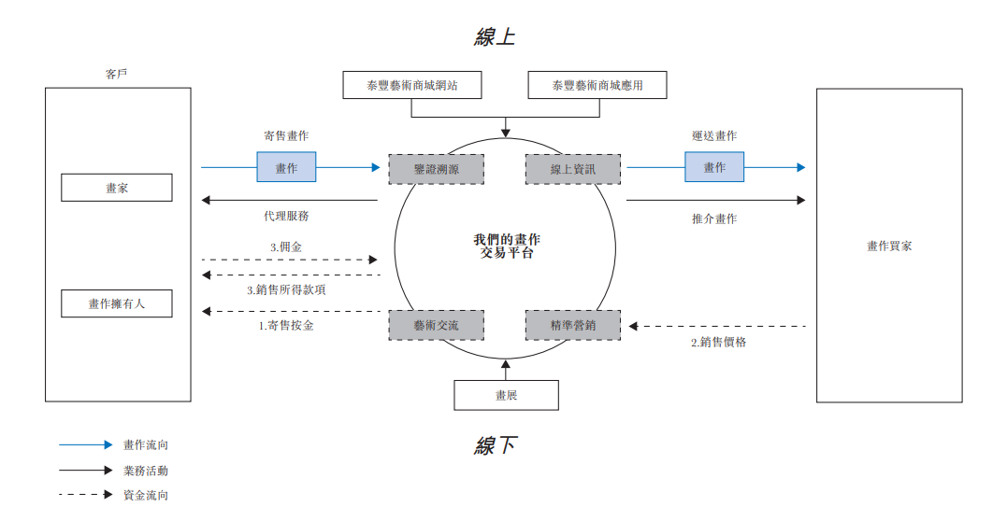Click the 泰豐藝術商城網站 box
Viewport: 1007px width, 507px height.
(x=412, y=86)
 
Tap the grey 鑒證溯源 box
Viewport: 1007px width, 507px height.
(x=437, y=169)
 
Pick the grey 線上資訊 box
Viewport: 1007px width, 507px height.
(x=572, y=169)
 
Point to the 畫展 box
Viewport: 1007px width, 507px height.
(x=506, y=395)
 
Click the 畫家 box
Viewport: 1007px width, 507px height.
(x=117, y=188)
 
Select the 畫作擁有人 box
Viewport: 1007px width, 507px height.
(x=117, y=303)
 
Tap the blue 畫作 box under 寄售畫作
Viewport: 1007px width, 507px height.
(x=286, y=167)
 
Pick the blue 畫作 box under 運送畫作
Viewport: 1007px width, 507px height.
(x=714, y=167)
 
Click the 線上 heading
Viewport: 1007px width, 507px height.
(x=495, y=37)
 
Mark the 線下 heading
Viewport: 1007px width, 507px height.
(x=495, y=445)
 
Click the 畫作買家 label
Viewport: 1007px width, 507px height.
(x=889, y=246)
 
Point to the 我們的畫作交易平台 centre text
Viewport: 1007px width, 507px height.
(x=506, y=246)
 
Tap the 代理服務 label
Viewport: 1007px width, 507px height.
(x=286, y=216)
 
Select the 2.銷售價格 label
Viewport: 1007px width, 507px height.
(x=719, y=343)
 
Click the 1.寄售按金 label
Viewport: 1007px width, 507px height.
(x=286, y=327)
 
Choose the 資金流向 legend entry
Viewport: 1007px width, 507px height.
(x=146, y=495)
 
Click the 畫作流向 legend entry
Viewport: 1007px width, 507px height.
(x=146, y=445)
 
